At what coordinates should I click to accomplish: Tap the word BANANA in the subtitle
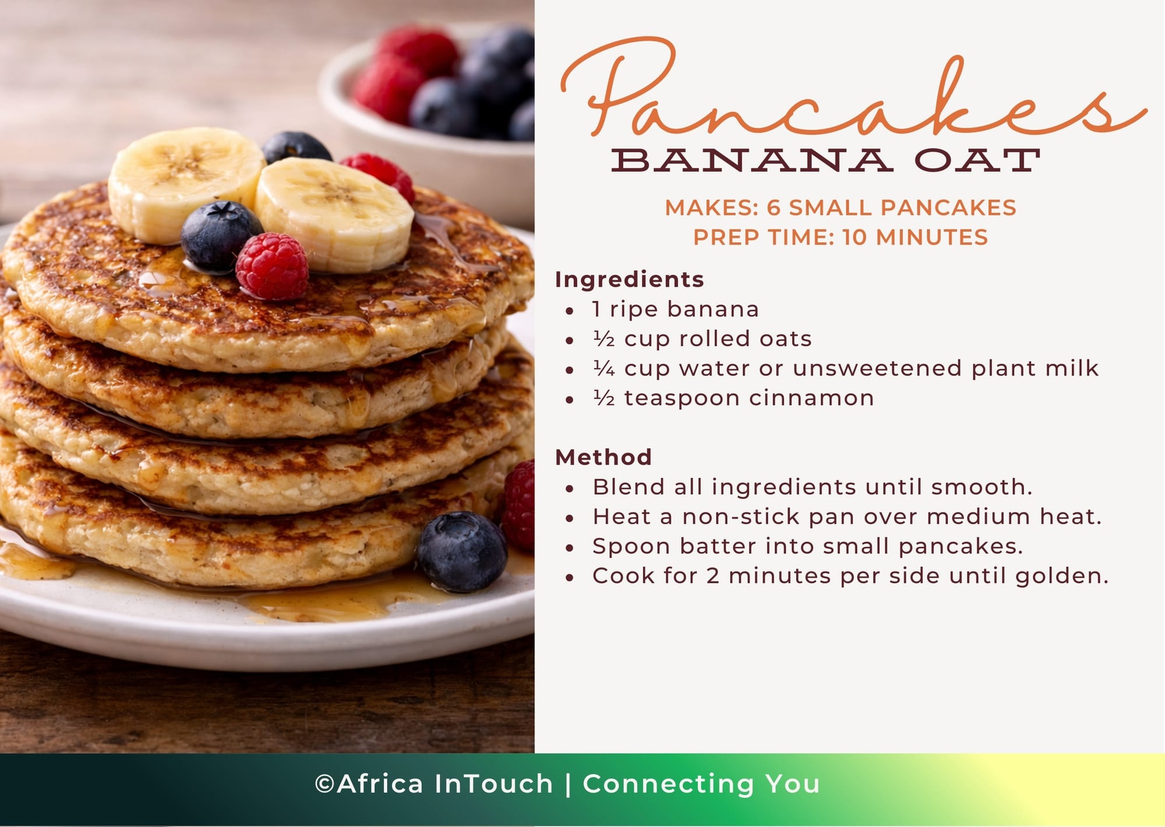click(751, 160)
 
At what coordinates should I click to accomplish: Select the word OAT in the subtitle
click(977, 160)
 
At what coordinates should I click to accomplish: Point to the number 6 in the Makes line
click(774, 207)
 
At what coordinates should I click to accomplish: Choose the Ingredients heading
click(629, 280)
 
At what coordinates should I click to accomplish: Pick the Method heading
click(603, 458)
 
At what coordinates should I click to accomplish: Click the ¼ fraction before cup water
click(604, 368)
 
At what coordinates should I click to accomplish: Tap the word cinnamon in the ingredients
click(811, 399)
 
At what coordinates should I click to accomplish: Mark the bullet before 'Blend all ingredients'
click(570, 488)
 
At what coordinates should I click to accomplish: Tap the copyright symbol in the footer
click(324, 784)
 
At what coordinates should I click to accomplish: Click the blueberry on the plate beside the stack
click(461, 552)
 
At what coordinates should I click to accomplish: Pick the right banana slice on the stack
click(334, 214)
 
